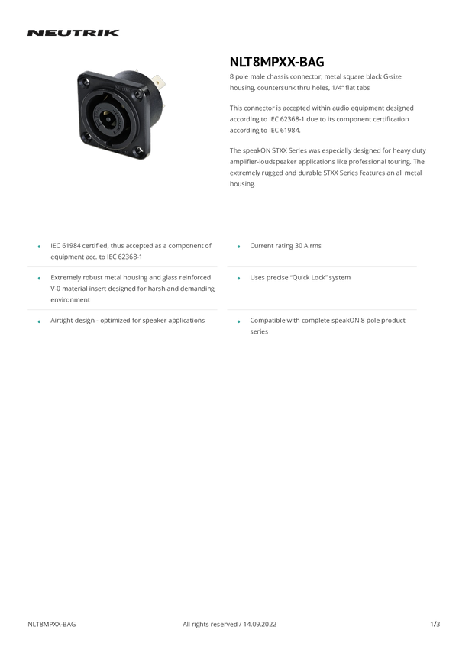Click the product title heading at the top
coord(73,34)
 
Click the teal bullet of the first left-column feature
coord(37,246)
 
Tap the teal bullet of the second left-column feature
coord(37,279)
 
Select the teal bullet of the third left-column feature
coord(37,321)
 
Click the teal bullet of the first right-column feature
coord(239,246)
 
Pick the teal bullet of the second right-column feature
coord(239,279)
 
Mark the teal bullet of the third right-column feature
coord(239,321)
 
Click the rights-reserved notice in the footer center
coord(229,624)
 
